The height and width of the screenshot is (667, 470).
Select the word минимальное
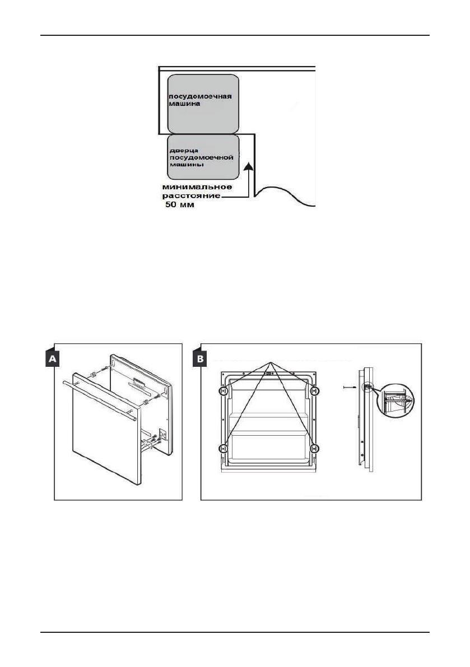pos(194,186)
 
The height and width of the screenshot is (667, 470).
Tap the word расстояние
pos(190,196)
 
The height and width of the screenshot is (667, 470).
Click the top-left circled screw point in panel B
pos(224,391)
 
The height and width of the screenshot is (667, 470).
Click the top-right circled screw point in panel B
pos(314,391)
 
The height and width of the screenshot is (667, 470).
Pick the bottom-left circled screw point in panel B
pos(224,447)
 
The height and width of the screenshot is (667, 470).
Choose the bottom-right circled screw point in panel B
pos(314,447)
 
